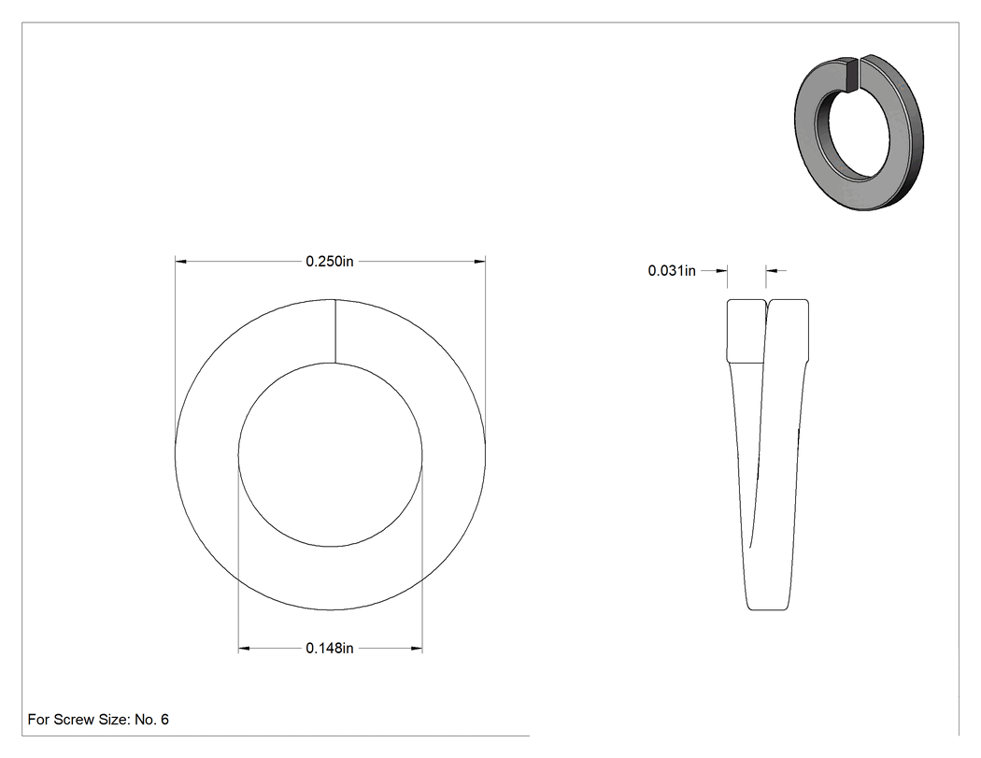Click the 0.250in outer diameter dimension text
329,262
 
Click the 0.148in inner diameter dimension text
329,649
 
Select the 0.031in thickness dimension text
672,271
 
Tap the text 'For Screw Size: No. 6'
98,720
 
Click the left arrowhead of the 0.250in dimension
181,261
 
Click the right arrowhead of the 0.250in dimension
479,261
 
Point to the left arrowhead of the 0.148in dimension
244,649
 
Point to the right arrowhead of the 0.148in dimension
417,649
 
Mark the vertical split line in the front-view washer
335,331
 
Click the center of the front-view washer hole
331,455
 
